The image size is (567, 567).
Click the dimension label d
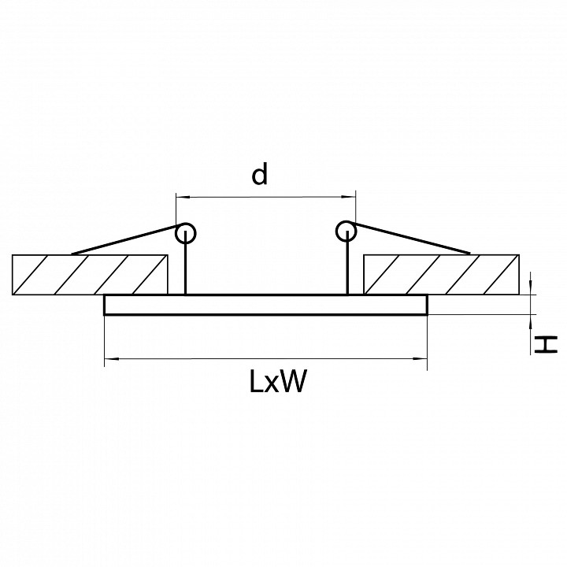click(x=259, y=175)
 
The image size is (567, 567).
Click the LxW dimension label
click(x=277, y=383)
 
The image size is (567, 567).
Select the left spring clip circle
click(x=186, y=232)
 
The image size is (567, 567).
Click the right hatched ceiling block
click(x=442, y=273)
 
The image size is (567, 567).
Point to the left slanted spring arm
click(x=126, y=240)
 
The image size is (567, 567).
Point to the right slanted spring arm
click(x=413, y=241)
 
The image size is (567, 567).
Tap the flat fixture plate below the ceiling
click(x=266, y=305)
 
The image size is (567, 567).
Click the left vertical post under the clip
click(x=186, y=268)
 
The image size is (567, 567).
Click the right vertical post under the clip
click(x=346, y=268)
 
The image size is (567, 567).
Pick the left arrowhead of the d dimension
click(x=180, y=195)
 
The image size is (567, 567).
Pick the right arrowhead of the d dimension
click(x=352, y=195)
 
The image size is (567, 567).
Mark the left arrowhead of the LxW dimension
click(x=110, y=360)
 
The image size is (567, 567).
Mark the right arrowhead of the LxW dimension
click(x=421, y=360)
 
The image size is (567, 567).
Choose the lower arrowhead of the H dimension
click(x=533, y=321)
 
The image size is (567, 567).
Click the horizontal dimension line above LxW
click(x=266, y=360)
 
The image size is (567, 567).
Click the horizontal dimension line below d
click(x=266, y=195)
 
